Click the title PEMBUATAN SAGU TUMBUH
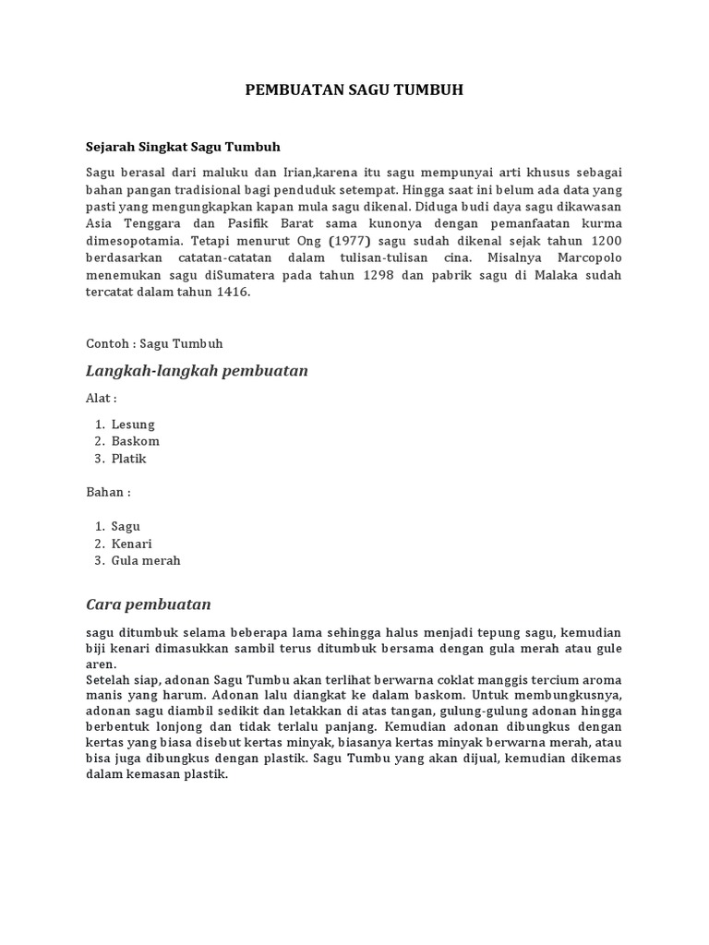(x=354, y=90)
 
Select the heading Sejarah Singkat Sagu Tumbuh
(x=183, y=147)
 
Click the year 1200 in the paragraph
(x=603, y=241)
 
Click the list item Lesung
(x=133, y=425)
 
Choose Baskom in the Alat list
(x=135, y=441)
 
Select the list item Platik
(x=129, y=459)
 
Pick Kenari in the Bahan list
(x=132, y=544)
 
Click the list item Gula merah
(x=146, y=560)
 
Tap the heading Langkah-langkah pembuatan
(x=197, y=371)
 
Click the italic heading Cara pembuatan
(x=149, y=604)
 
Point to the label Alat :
(x=102, y=399)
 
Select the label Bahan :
(x=108, y=492)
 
